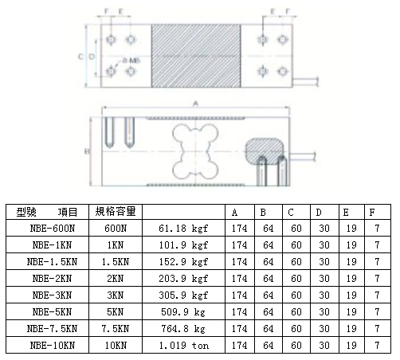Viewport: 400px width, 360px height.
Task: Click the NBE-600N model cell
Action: pos(52,227)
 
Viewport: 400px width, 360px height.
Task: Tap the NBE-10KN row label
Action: pos(52,345)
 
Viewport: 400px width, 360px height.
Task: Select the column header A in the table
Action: pos(235,211)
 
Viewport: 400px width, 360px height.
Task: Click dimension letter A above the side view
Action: pos(194,104)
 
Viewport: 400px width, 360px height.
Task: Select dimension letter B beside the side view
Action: pos(86,150)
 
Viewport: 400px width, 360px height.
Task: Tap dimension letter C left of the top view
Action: pos(81,57)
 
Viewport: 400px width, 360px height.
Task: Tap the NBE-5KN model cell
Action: pos(52,311)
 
